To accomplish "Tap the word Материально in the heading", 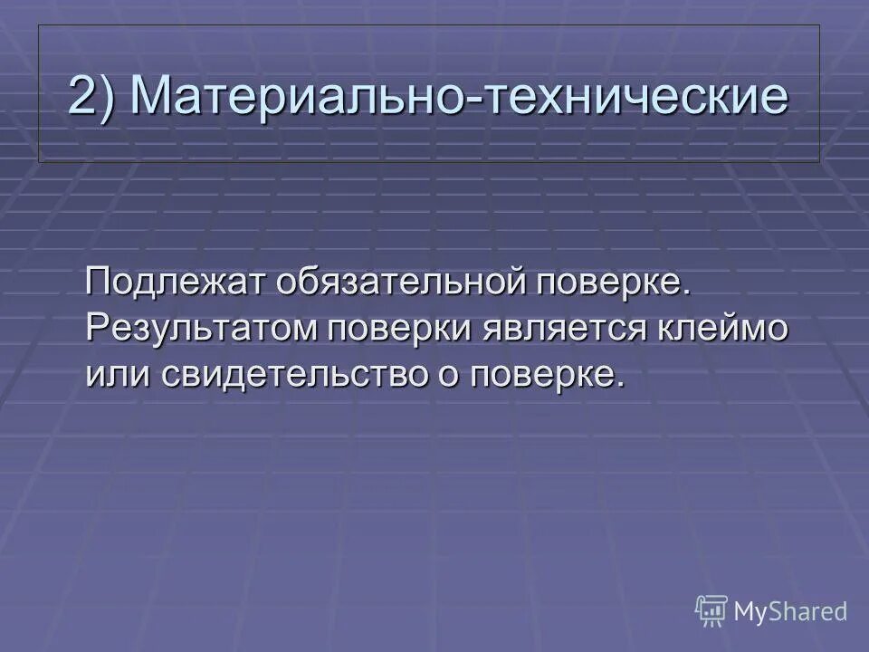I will [x=295, y=95].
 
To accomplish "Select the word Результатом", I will [x=200, y=329].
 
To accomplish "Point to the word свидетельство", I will [x=291, y=373].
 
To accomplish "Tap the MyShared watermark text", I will [x=790, y=611].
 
